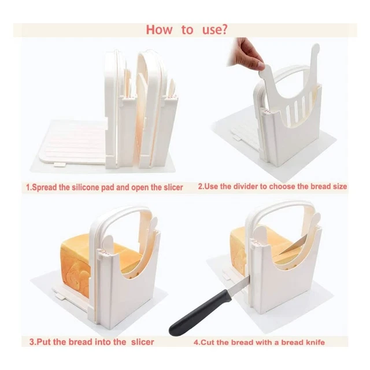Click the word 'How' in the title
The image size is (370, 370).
[x=158, y=29]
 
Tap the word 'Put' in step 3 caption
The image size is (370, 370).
[x=46, y=342]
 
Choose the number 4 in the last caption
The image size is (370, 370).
[x=196, y=342]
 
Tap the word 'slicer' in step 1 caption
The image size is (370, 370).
[x=171, y=187]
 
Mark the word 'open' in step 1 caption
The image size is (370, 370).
[x=135, y=188]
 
